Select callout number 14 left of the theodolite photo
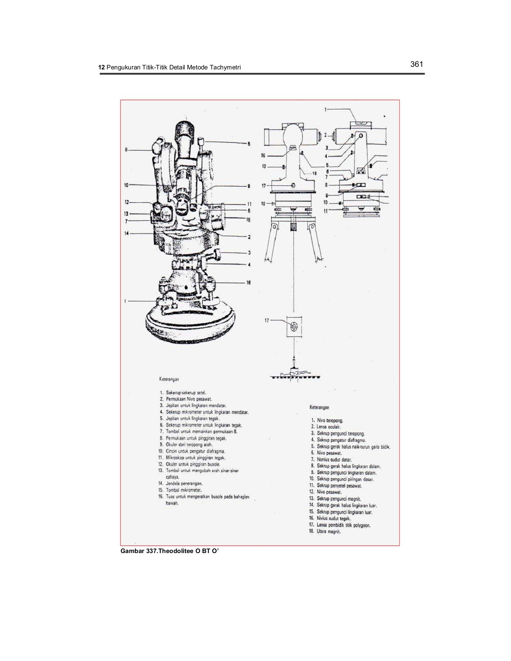tap(126, 234)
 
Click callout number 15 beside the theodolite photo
tap(248, 220)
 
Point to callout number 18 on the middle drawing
tap(314, 173)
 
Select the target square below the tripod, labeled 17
tap(294, 326)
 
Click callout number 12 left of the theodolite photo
tap(126, 202)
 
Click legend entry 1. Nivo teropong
tap(327, 420)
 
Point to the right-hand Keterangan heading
tap(317, 407)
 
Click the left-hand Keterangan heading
tap(169, 378)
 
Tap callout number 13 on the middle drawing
tap(264, 167)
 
